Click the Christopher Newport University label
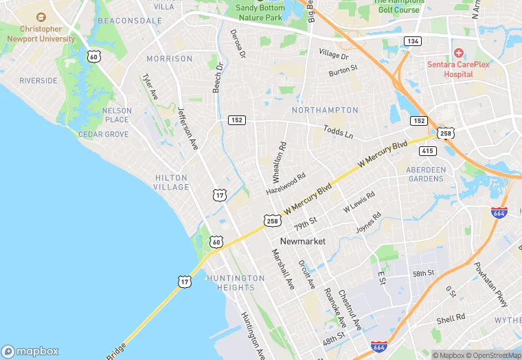click(41, 34)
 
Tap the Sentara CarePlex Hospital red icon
click(458, 53)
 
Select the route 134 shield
click(412, 42)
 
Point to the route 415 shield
click(429, 150)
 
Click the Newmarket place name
click(302, 241)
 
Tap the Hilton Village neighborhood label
click(172, 182)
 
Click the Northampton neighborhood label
click(325, 110)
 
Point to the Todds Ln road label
click(338, 132)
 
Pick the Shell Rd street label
click(451, 320)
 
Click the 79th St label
click(305, 224)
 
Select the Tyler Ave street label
click(150, 88)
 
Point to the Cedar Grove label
click(103, 135)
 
